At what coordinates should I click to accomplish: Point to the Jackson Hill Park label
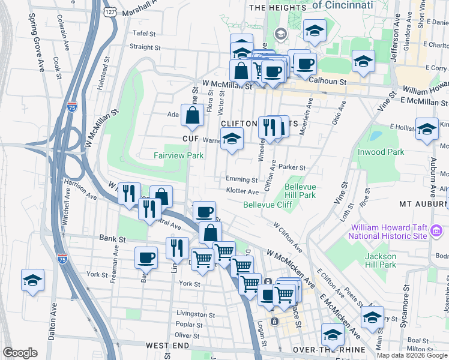pyautogui.click(x=381, y=260)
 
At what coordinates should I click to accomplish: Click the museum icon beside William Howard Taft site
pyautogui.click(x=437, y=230)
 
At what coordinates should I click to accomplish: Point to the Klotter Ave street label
pyautogui.click(x=243, y=191)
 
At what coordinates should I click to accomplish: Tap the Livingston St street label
pyautogui.click(x=196, y=314)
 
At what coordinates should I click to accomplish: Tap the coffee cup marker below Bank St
pyautogui.click(x=146, y=258)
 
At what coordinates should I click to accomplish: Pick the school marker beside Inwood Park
pyautogui.click(x=427, y=129)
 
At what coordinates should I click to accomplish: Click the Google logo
pyautogui.click(x=20, y=353)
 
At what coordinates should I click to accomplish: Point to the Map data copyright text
pyautogui.click(x=412, y=355)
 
